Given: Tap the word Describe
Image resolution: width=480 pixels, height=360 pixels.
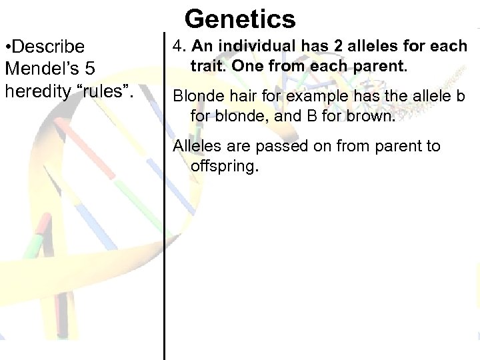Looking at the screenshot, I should tap(49, 47).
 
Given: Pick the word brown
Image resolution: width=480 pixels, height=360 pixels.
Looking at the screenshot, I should tap(373, 117).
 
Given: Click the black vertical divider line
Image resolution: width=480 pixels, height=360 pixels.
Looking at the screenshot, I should tap(164, 200).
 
